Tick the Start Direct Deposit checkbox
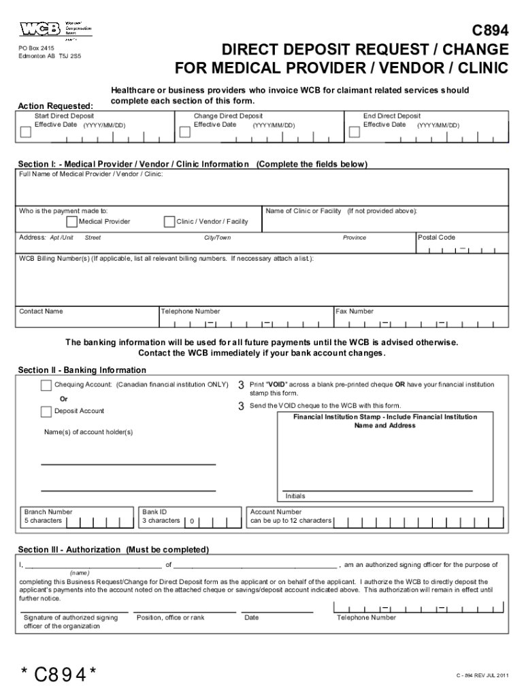[26, 132]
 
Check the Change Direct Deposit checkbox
[184, 132]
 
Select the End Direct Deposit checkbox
[354, 132]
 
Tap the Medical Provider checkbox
[71, 222]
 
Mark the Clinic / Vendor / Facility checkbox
[169, 222]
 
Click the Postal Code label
[437, 238]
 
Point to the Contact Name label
[41, 312]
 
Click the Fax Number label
[355, 312]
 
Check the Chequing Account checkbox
[46, 386]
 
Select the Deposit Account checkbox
[46, 411]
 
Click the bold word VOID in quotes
[276, 385]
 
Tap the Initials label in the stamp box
[295, 496]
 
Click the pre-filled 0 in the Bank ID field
[193, 522]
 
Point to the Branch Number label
[48, 512]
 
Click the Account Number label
[276, 512]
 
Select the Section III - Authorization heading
[113, 549]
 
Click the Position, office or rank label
[170, 617]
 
